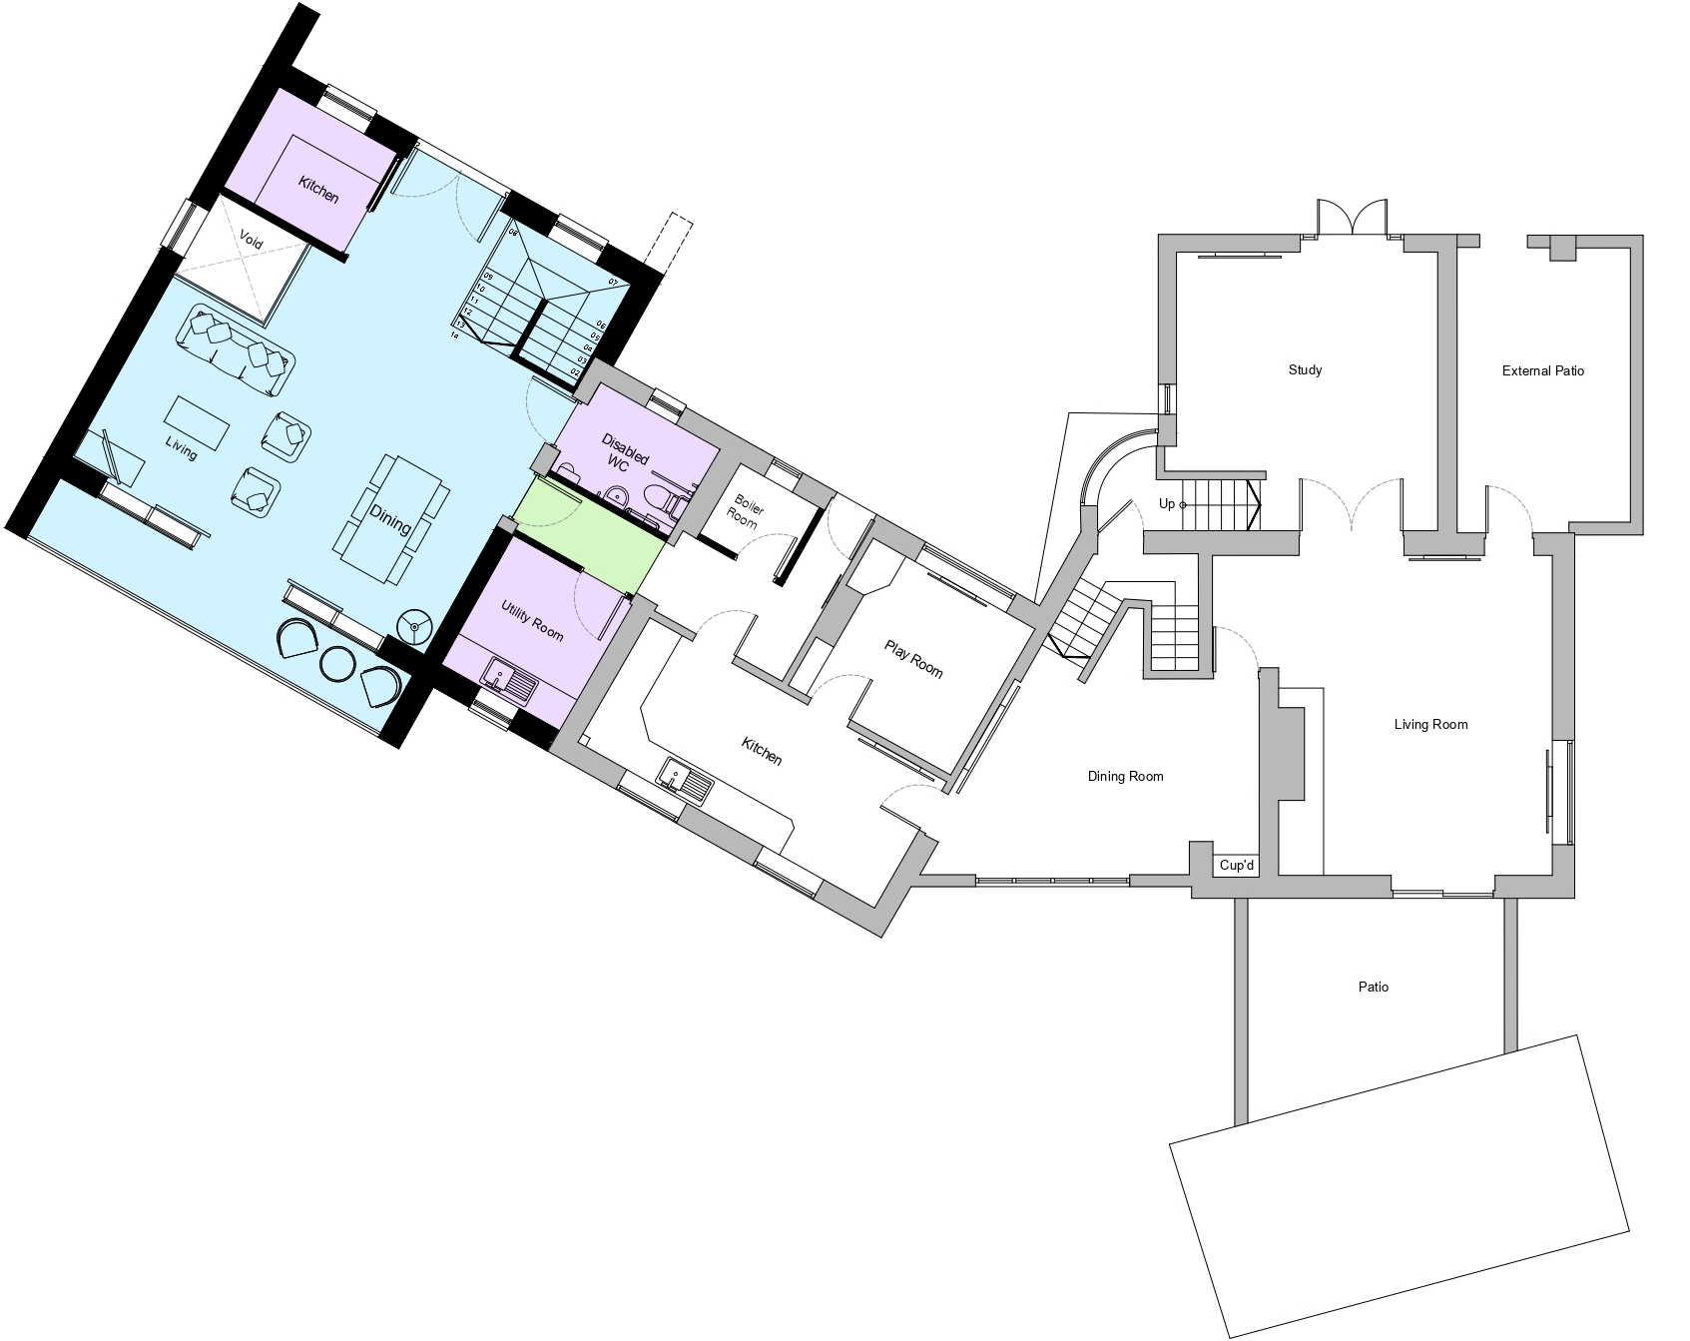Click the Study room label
(1305, 370)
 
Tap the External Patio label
(1542, 371)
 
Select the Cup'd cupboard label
(1236, 866)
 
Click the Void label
(251, 240)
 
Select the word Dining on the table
(389, 518)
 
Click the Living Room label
(1430, 725)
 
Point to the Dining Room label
(1125, 777)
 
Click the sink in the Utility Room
(510, 681)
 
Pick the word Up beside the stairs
(1166, 504)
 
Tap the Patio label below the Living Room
(1373, 988)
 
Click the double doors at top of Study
(1352, 218)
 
